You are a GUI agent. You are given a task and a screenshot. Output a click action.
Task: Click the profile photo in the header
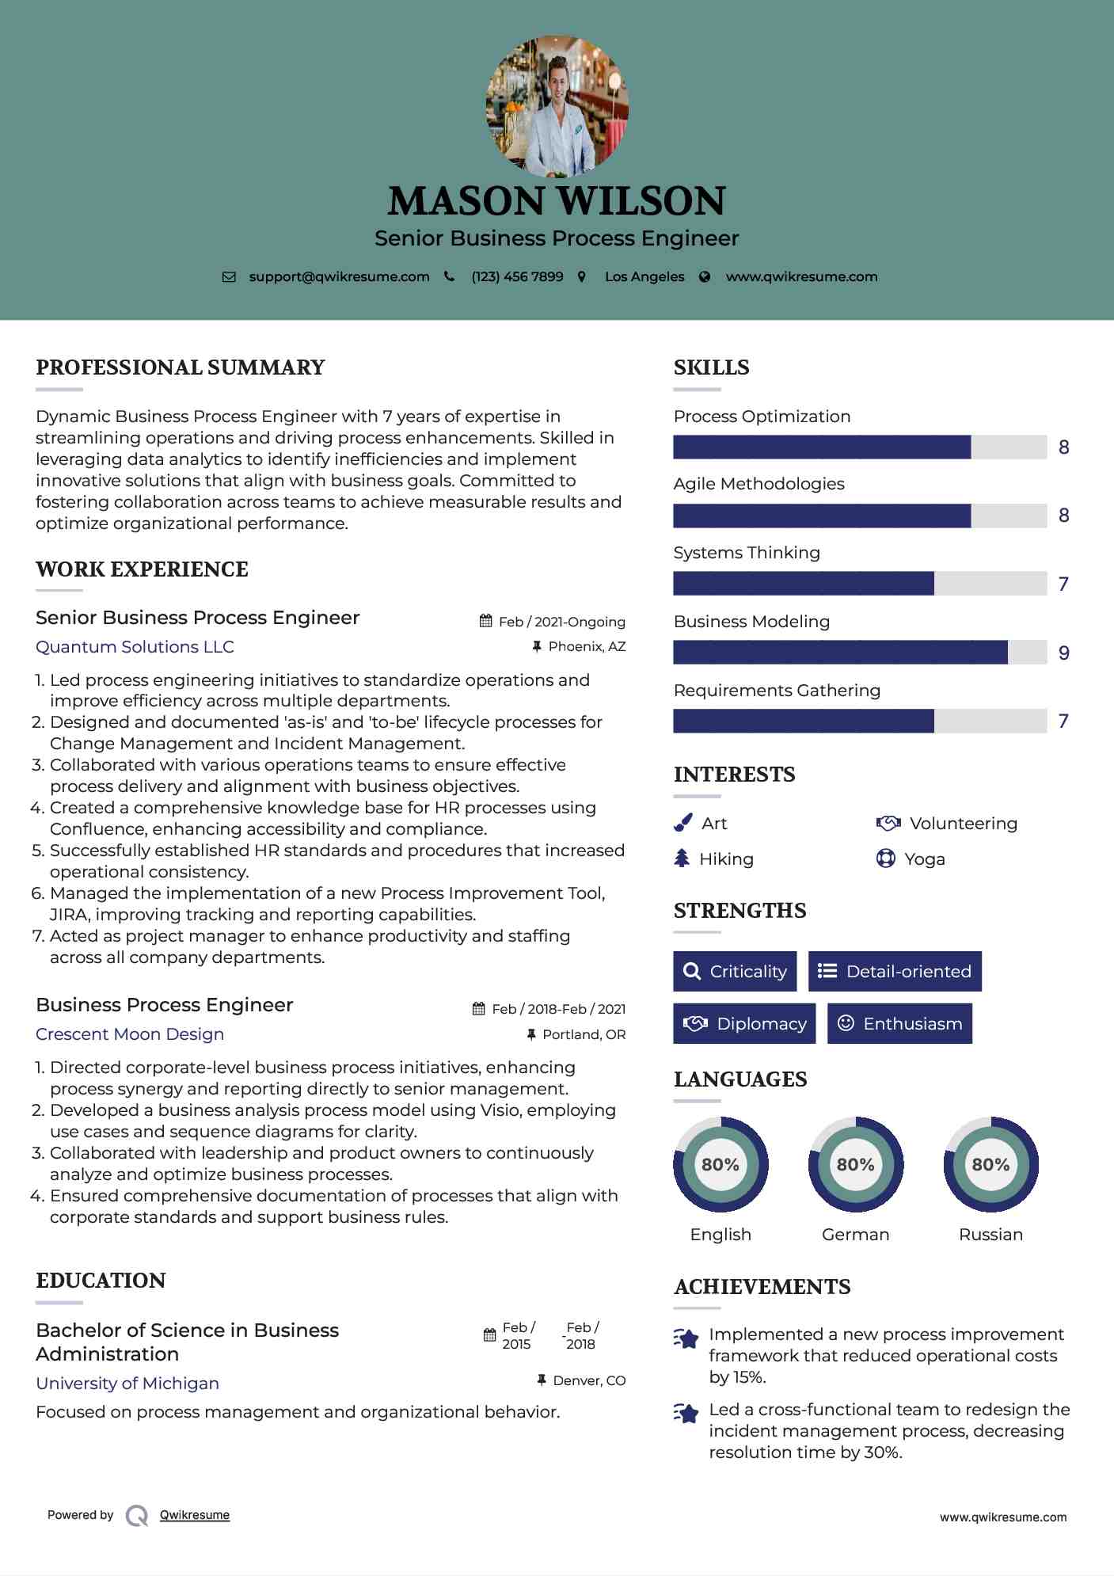click(x=557, y=106)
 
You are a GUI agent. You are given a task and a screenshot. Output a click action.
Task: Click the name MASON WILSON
click(x=557, y=201)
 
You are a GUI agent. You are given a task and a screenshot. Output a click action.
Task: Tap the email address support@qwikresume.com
click(x=339, y=277)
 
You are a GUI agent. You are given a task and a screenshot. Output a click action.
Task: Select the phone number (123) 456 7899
click(x=517, y=277)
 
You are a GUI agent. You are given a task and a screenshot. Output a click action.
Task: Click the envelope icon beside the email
click(x=229, y=277)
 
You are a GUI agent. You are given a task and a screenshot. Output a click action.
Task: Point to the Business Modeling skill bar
click(x=859, y=653)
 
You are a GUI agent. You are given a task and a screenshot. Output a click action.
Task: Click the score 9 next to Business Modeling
click(x=1064, y=653)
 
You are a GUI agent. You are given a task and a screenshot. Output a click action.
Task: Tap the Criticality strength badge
click(x=735, y=972)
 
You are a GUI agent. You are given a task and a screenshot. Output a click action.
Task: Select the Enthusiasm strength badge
click(x=899, y=1024)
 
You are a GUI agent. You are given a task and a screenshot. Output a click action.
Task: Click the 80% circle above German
click(x=855, y=1165)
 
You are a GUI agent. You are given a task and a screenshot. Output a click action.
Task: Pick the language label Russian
click(x=990, y=1235)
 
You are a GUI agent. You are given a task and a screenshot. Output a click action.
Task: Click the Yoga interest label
click(x=924, y=859)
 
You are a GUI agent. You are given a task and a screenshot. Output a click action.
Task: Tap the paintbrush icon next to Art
click(x=682, y=824)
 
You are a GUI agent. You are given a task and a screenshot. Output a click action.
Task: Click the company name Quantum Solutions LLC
click(x=135, y=647)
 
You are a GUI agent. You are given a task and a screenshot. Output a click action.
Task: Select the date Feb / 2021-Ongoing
click(x=561, y=622)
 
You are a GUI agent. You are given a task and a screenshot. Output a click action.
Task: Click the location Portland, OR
click(x=584, y=1035)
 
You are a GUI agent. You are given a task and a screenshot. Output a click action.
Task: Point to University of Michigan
click(x=127, y=1384)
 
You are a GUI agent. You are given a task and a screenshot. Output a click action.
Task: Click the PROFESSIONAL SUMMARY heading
click(x=181, y=367)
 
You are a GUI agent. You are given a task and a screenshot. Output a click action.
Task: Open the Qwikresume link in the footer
click(x=195, y=1515)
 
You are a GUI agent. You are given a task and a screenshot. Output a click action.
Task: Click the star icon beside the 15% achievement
click(x=686, y=1339)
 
